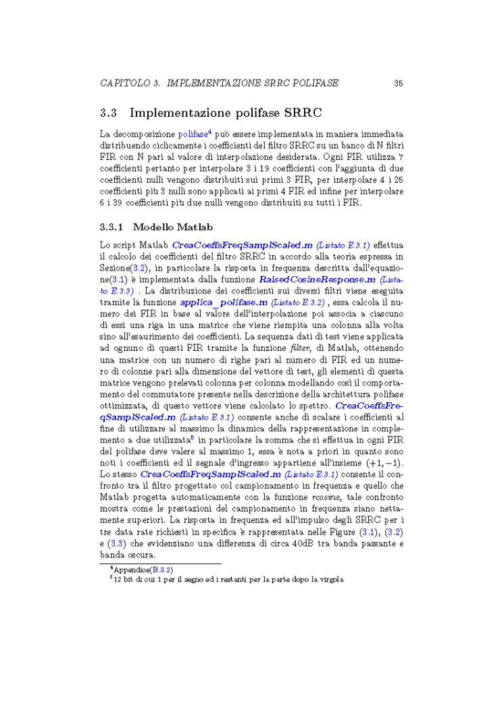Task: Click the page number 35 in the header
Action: (399, 84)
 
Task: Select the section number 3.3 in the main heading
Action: (109, 112)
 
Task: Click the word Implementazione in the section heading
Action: (180, 112)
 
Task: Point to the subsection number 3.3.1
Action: (112, 227)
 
